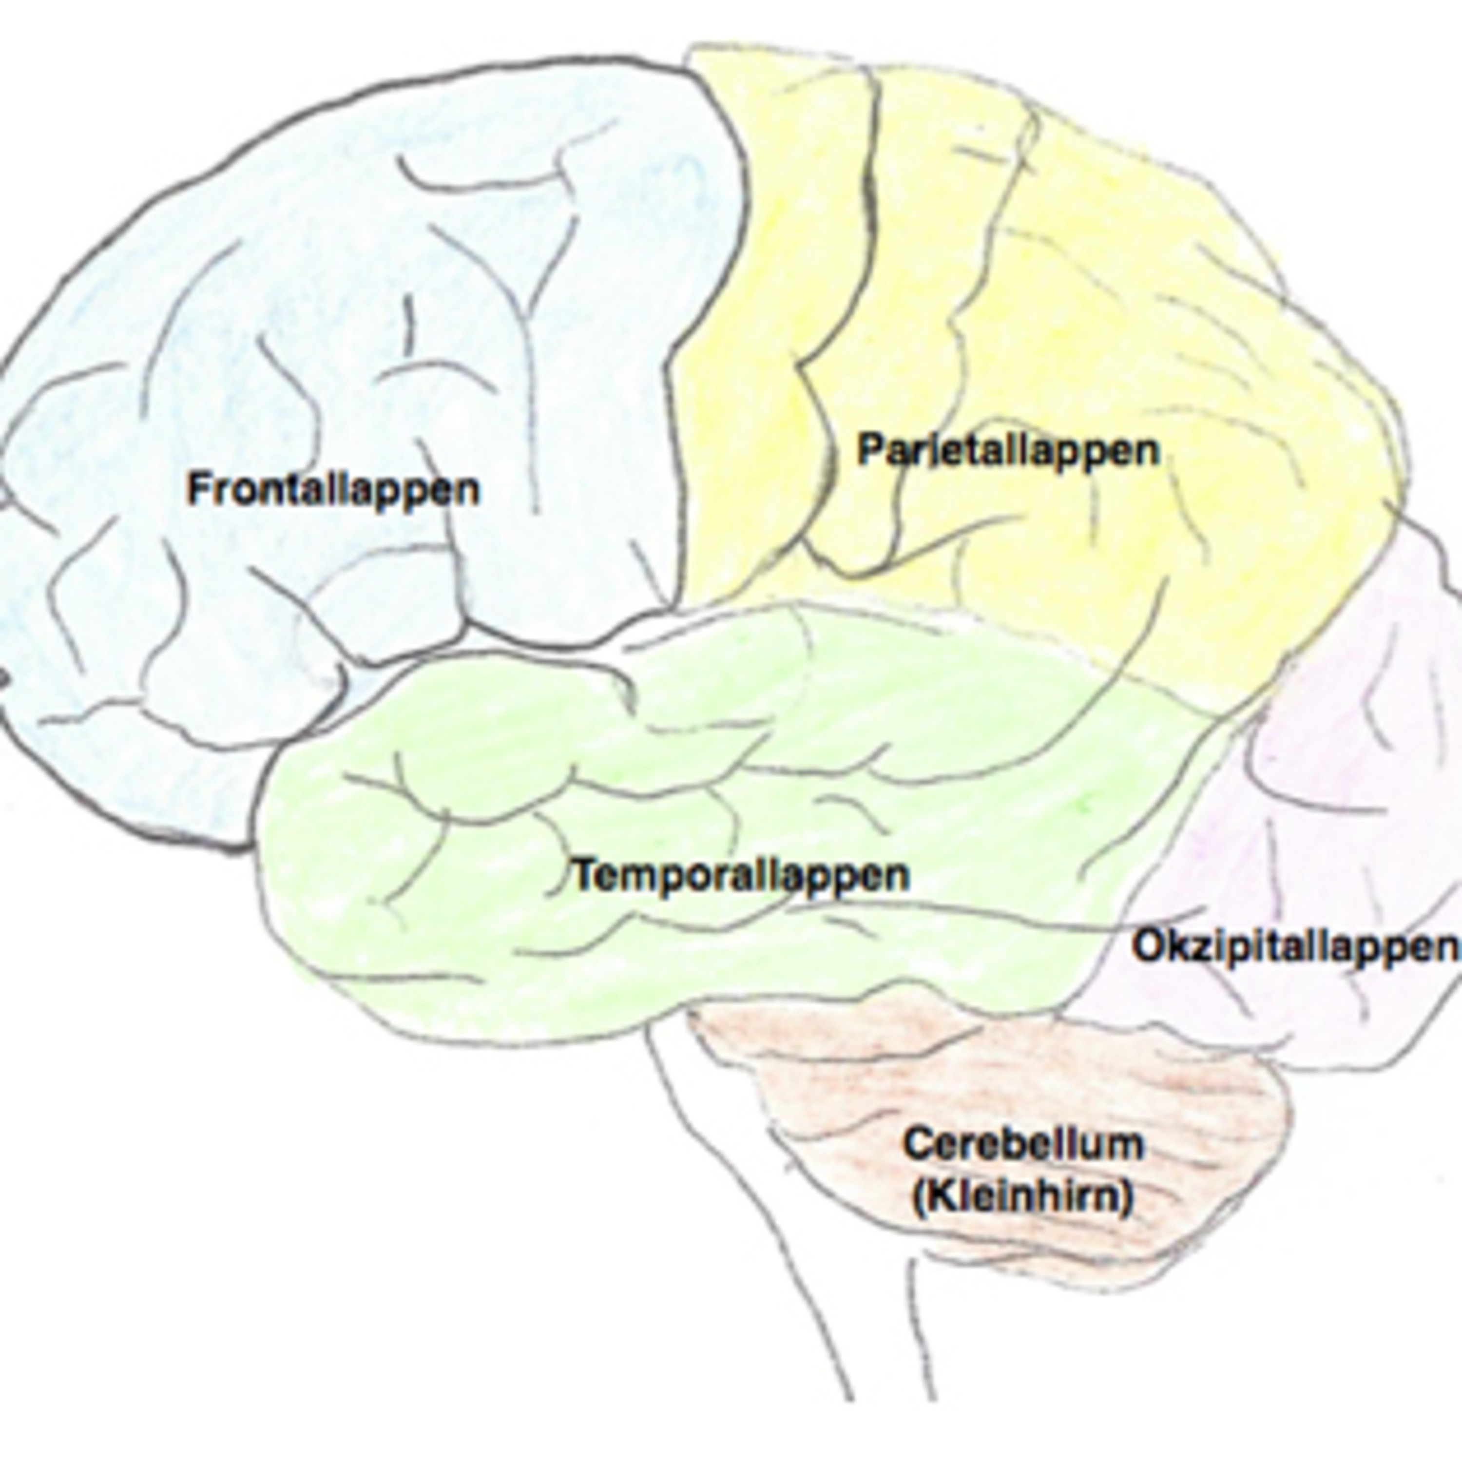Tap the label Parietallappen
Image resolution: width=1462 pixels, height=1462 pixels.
1008,451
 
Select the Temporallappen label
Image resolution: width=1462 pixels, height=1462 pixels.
740,876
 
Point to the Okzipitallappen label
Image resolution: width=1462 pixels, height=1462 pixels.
1294,947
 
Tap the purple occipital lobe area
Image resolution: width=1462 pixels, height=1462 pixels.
1332,757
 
